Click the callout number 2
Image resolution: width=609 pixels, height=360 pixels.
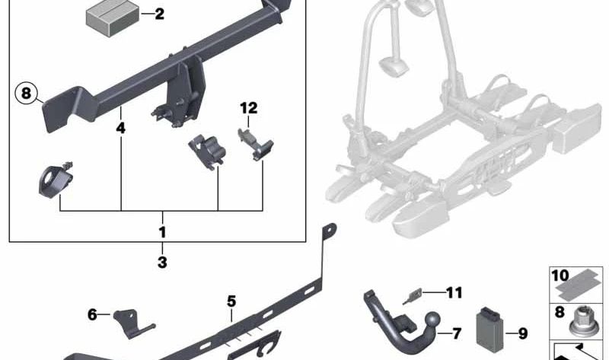coord(159,14)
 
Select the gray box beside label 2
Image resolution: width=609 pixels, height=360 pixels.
coord(113,18)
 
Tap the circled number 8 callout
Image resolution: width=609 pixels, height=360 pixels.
coord(26,93)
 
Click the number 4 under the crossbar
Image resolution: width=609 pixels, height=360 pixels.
coord(121,128)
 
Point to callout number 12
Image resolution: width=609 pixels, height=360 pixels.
coord(249,108)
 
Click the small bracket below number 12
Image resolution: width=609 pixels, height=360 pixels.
coord(256,145)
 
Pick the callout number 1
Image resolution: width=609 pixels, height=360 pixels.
coord(162,232)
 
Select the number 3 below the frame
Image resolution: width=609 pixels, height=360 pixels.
coord(162,263)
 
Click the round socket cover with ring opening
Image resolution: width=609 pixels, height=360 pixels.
coord(56,181)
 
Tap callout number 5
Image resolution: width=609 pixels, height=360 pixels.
coord(231,301)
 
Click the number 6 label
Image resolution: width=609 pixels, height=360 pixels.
coord(92,314)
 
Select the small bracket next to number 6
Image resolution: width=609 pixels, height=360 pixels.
coord(132,323)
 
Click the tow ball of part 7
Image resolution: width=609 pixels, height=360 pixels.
coord(432,321)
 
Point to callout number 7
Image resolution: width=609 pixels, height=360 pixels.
coord(456,333)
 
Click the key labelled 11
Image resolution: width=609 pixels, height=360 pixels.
coord(412,297)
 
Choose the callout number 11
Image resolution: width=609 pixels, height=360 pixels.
coord(454,292)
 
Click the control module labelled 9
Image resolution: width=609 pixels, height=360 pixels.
coord(489,330)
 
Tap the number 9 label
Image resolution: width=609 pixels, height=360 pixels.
coord(523,333)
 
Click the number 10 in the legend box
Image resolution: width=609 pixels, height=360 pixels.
coord(560,276)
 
